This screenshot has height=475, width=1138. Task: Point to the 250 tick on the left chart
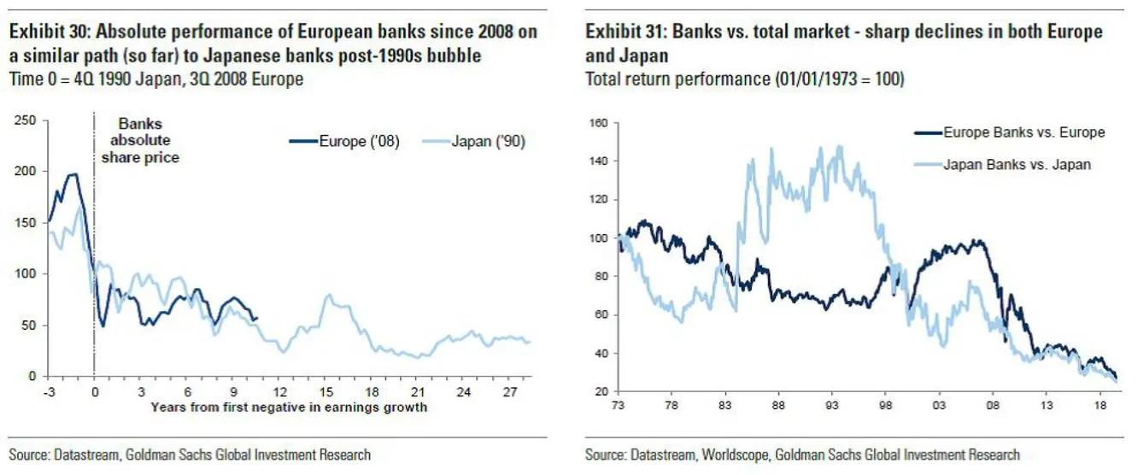point(26,120)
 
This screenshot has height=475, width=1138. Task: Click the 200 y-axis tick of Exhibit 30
point(26,172)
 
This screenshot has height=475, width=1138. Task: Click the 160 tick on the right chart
point(597,123)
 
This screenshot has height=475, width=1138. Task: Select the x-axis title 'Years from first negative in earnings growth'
point(289,408)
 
